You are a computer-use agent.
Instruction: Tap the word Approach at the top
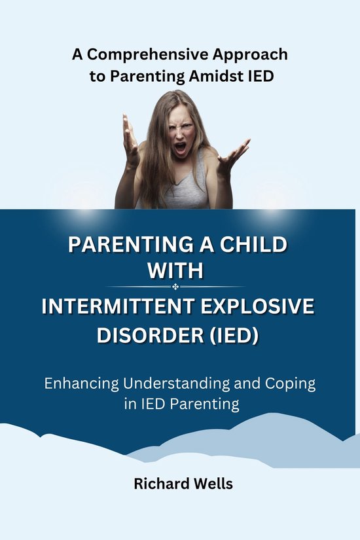point(251,54)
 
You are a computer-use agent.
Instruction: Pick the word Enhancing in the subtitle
point(78,383)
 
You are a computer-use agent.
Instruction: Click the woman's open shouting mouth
point(179,147)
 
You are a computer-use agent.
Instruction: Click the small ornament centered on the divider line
point(175,287)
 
